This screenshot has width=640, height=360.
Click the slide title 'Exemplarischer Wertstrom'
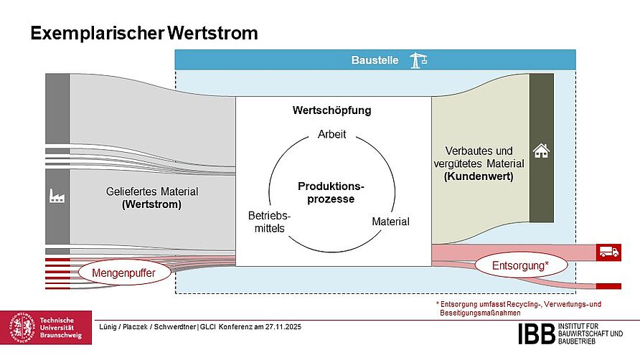pyautogui.click(x=143, y=33)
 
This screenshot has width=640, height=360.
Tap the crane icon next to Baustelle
pyautogui.click(x=418, y=60)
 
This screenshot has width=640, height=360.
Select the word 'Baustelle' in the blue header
pyautogui.click(x=375, y=60)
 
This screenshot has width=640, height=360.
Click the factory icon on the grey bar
pyautogui.click(x=57, y=195)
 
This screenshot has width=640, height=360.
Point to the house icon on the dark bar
pyautogui.click(x=541, y=151)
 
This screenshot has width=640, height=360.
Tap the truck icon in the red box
pyautogui.click(x=607, y=252)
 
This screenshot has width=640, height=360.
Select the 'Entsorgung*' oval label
pyautogui.click(x=520, y=266)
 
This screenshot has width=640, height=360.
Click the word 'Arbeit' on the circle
pyautogui.click(x=331, y=134)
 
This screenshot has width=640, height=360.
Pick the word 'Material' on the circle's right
pyautogui.click(x=390, y=222)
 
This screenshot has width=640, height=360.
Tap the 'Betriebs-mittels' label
pyautogui.click(x=269, y=222)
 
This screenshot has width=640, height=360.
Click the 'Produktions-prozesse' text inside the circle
pyautogui.click(x=331, y=192)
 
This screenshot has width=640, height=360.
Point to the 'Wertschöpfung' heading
pyautogui.click(x=331, y=110)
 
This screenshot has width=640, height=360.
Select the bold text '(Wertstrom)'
pyautogui.click(x=151, y=204)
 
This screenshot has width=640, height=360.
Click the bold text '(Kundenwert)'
pyautogui.click(x=479, y=176)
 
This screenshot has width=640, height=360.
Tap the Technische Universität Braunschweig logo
pyautogui.click(x=46, y=328)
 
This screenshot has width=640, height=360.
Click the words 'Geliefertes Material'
pyautogui.click(x=152, y=192)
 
